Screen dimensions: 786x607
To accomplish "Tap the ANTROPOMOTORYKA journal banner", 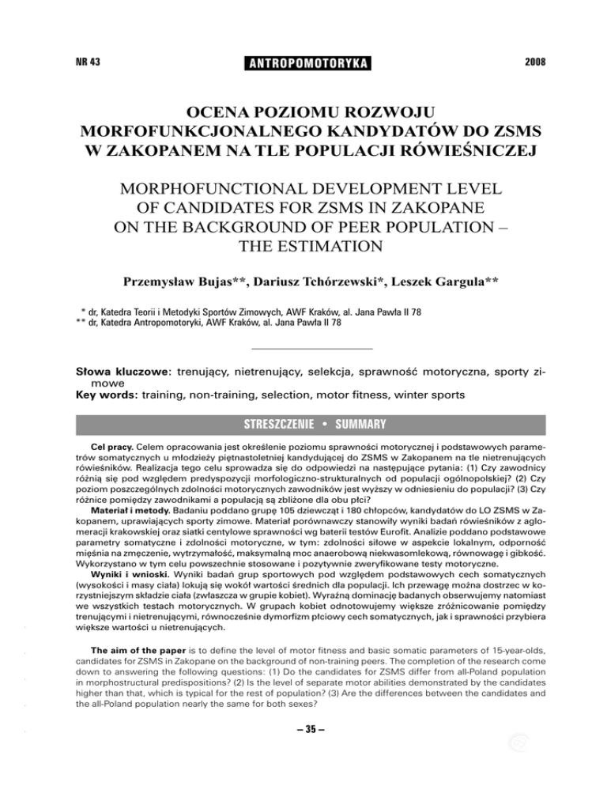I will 303,62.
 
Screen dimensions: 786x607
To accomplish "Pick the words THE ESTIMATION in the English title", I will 304,253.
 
